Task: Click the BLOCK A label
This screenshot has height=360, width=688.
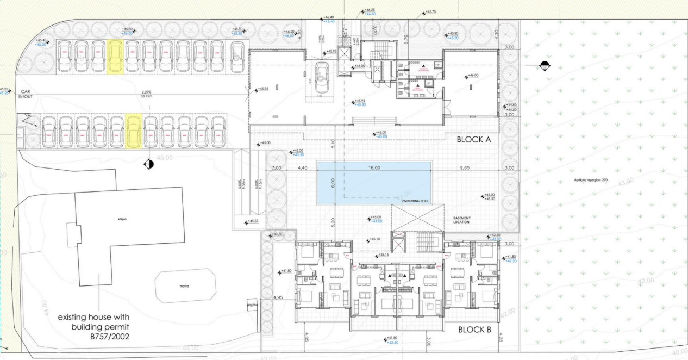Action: click(x=473, y=139)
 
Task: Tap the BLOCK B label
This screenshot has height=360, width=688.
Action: click(x=474, y=330)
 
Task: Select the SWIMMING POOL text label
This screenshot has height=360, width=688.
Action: click(x=415, y=201)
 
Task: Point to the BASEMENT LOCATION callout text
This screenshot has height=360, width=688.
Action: click(x=465, y=221)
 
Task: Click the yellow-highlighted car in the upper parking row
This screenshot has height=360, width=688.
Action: click(x=115, y=56)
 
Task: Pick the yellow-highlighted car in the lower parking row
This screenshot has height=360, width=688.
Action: click(x=133, y=131)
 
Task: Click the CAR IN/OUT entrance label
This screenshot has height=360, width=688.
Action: click(x=25, y=94)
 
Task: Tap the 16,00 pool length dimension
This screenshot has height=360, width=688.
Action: click(x=374, y=169)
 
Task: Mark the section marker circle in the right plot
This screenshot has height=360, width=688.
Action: click(x=545, y=66)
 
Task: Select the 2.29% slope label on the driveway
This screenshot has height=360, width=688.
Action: click(x=146, y=92)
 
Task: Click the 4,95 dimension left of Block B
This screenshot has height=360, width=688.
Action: click(x=277, y=298)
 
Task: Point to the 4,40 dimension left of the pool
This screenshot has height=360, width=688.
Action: click(x=303, y=169)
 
